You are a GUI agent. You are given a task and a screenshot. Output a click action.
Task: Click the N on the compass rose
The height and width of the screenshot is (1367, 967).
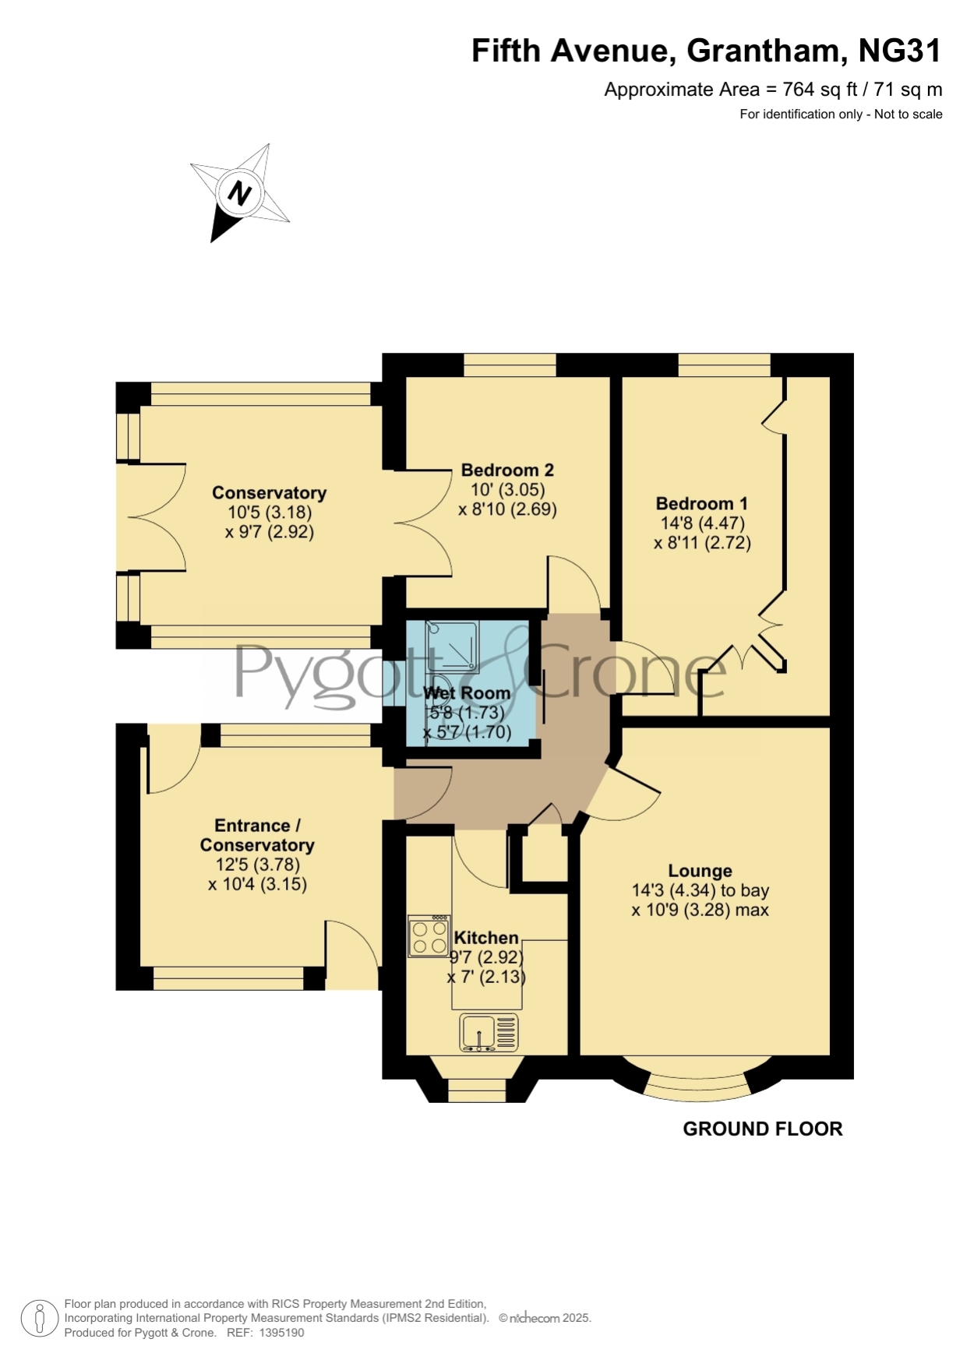tap(239, 192)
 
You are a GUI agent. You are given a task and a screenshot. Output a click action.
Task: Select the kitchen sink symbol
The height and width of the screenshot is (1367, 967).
tap(489, 1033)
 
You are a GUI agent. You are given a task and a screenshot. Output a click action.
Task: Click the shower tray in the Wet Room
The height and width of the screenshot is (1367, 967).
tap(452, 647)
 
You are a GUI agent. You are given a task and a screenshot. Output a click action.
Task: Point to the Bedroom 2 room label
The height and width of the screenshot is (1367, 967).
tap(507, 470)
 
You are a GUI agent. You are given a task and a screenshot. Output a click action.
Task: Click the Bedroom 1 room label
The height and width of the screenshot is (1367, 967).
tap(701, 503)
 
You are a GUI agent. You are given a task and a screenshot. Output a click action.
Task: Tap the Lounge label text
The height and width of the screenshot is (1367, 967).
tap(700, 871)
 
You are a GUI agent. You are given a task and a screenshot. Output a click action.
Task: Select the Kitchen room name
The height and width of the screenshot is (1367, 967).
tap(486, 938)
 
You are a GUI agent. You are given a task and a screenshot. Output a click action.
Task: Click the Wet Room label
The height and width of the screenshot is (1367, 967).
tap(467, 692)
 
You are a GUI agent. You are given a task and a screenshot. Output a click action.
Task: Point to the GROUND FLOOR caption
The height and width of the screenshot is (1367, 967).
tap(763, 1129)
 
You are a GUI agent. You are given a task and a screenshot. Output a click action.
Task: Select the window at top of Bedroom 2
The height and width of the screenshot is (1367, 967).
tap(510, 365)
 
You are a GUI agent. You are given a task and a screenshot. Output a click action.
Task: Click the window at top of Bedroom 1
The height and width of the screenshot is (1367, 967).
tap(725, 365)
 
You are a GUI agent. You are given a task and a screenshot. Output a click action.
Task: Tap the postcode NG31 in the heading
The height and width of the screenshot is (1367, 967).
tap(900, 51)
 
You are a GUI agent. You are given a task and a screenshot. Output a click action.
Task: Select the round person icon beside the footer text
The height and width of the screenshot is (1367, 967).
tap(38, 1319)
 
